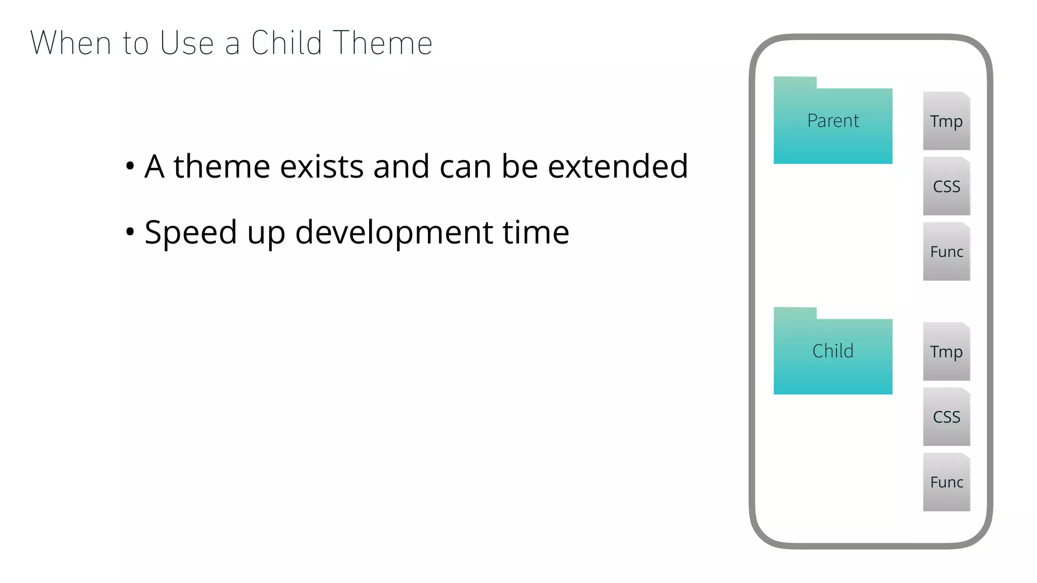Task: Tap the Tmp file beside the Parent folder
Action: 946,121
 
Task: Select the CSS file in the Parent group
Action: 946,186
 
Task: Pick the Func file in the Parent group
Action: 946,252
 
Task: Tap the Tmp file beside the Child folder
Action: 946,351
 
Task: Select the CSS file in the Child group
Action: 946,417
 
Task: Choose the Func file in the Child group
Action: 946,482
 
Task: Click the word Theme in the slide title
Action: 383,43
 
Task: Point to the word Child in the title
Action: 287,43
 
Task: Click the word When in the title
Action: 70,43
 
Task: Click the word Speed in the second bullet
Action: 191,232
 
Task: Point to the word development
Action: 394,232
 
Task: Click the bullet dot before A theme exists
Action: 130,166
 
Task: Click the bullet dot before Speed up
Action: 130,232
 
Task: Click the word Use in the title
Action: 187,43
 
